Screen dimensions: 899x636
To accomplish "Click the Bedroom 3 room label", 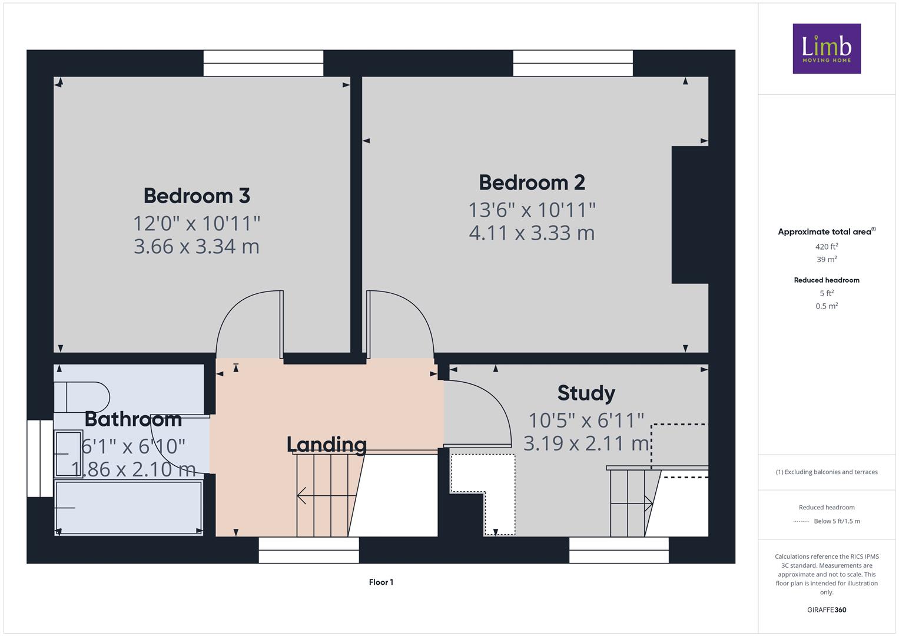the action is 197,196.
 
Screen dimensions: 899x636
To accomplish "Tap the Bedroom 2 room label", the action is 532,183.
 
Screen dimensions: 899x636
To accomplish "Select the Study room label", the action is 586,393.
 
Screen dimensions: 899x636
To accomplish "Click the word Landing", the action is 327,445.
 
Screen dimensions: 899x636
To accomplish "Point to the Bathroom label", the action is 133,419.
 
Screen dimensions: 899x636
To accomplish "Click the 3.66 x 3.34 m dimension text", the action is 197,246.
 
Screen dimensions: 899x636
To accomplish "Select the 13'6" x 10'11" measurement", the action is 532,210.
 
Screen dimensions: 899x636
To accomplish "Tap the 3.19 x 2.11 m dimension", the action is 586,443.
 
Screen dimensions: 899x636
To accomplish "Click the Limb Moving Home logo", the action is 827,48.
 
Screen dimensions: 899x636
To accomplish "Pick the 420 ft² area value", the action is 827,247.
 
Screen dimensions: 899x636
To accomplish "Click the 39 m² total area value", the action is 827,259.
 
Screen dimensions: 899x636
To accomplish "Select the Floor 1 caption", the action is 381,582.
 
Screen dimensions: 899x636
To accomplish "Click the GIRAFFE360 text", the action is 827,610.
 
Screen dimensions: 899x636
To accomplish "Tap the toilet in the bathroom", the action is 82,397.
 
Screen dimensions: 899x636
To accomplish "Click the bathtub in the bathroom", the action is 128,508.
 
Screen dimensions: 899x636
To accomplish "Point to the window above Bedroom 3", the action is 263,63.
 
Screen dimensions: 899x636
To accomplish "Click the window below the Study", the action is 619,550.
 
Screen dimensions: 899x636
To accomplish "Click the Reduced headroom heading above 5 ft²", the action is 827,280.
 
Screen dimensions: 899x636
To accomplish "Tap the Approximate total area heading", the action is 827,231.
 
